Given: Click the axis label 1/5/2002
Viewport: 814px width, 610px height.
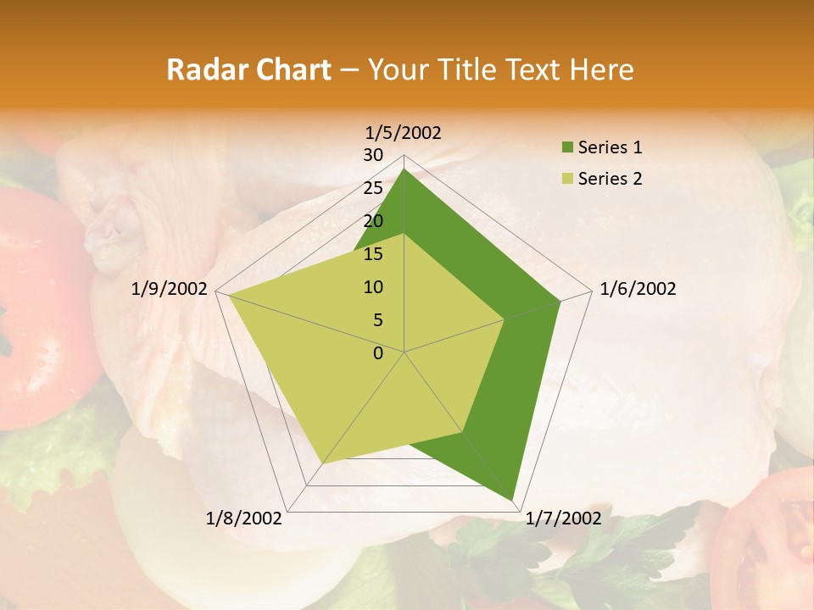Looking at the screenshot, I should (x=404, y=132).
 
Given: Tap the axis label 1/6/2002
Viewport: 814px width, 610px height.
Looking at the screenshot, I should (x=638, y=289).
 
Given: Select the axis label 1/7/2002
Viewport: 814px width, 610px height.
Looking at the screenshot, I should (x=563, y=518).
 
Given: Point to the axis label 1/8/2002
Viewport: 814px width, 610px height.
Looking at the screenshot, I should (x=244, y=518).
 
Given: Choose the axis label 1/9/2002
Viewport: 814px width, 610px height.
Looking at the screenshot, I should (x=170, y=289).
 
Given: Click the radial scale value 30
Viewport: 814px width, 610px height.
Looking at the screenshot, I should (x=373, y=155).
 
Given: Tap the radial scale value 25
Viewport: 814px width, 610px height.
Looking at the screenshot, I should (x=373, y=188).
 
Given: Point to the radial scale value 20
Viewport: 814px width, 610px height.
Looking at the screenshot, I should (x=373, y=221).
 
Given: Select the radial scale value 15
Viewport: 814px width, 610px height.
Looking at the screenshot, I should (x=373, y=254).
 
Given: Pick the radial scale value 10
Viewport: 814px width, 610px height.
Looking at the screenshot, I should (x=373, y=287).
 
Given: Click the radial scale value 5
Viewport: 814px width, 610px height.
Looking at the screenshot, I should (x=377, y=320).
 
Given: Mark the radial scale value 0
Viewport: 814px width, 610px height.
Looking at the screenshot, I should (x=378, y=353).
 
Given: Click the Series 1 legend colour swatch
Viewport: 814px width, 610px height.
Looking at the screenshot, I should (x=565, y=148).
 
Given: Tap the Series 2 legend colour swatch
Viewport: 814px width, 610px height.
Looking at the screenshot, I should (x=565, y=179).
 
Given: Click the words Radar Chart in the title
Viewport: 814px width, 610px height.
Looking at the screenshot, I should (x=248, y=69).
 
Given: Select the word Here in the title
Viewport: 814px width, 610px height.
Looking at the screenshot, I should (x=602, y=69).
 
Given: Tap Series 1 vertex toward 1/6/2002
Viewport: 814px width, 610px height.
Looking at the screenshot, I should (x=560, y=301).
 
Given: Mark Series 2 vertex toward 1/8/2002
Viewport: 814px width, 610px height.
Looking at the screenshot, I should (x=323, y=463).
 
